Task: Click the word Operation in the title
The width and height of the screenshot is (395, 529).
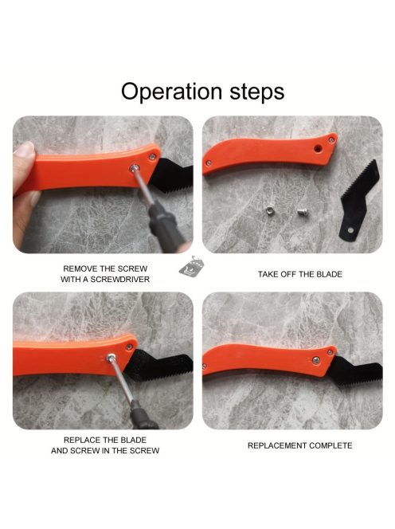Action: coord(171,92)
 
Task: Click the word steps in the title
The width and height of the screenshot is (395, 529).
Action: coord(257,91)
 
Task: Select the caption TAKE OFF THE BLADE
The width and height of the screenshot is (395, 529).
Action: coord(300,274)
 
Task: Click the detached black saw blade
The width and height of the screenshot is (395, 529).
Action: coord(358,199)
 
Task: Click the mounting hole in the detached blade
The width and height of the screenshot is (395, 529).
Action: coord(350,230)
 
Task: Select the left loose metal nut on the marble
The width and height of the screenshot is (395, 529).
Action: coord(269,212)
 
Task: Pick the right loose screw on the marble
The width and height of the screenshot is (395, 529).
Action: coord(301,212)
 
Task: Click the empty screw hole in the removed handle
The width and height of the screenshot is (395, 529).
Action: coord(317,147)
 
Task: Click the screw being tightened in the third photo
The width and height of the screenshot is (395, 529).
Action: coord(110,357)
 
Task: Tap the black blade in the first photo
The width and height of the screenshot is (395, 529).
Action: coord(171,175)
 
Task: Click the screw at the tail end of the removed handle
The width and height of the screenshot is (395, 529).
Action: coord(209,163)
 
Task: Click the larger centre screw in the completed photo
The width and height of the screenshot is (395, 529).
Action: coord(315,360)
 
